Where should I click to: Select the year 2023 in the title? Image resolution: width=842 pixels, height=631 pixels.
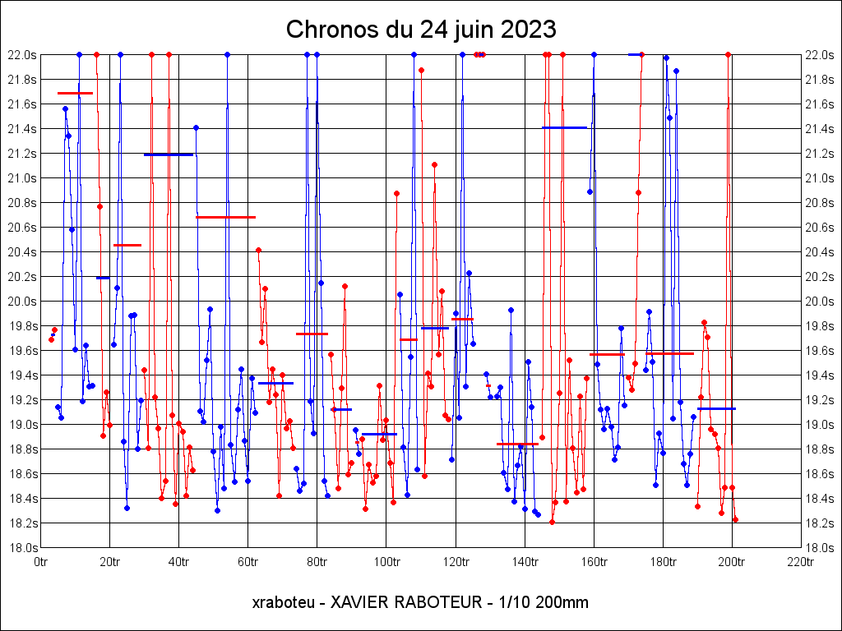click(x=525, y=30)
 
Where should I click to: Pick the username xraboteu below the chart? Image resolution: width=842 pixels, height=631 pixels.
click(x=284, y=602)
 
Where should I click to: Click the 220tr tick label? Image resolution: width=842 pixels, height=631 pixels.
click(x=801, y=562)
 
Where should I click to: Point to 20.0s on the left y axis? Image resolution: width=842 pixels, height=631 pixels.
click(x=21, y=301)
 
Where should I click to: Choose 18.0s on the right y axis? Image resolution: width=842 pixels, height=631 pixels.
click(x=820, y=547)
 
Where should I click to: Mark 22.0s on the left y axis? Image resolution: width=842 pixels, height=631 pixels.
click(x=21, y=54)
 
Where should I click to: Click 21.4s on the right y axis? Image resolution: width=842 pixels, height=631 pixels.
click(x=820, y=128)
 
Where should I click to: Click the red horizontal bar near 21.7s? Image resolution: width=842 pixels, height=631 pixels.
click(x=75, y=94)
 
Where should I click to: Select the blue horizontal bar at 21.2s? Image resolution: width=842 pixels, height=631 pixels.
click(x=169, y=154)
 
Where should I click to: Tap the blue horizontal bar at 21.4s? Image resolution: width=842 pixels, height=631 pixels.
click(x=564, y=127)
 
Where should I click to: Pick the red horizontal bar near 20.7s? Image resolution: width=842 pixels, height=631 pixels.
click(x=225, y=217)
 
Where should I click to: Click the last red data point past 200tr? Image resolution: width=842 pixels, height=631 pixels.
click(x=735, y=519)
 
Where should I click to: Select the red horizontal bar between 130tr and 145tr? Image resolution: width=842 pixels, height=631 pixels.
click(x=517, y=444)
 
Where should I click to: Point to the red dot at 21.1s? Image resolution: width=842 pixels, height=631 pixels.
click(x=434, y=164)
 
